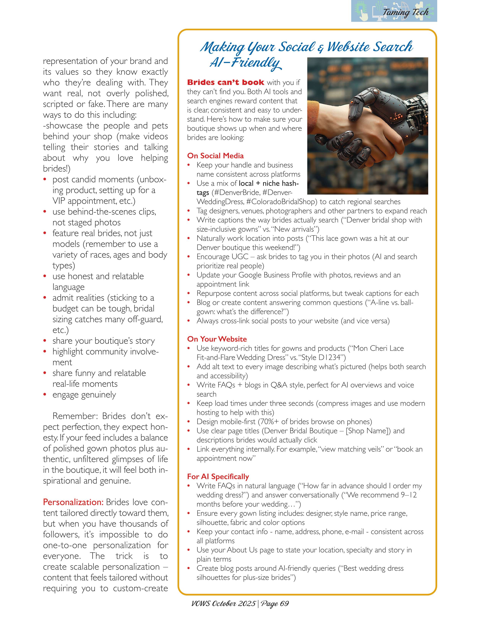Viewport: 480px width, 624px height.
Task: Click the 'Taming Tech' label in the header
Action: pyautogui.click(x=405, y=12)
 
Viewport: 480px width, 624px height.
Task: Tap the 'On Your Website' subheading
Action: pyautogui.click(x=217, y=339)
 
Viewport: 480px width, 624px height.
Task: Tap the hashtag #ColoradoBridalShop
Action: pyautogui.click(x=281, y=202)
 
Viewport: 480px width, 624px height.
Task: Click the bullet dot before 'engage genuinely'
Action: pyautogui.click(x=45, y=395)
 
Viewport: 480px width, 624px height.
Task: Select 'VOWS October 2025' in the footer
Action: pyautogui.click(x=223, y=604)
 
